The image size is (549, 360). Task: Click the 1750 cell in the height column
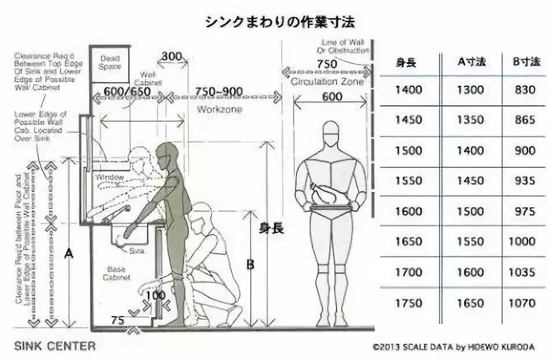[x=408, y=303]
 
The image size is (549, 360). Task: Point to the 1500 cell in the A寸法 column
[x=470, y=212]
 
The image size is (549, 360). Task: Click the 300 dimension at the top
[x=171, y=57]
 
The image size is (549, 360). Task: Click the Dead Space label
[x=110, y=63]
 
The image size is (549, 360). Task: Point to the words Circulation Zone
[x=327, y=82]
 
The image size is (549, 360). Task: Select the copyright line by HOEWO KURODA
[x=455, y=347]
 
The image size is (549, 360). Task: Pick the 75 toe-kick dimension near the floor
[x=118, y=320]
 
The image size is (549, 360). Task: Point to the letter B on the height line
[x=250, y=265]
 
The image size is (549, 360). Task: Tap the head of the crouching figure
[x=200, y=214]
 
